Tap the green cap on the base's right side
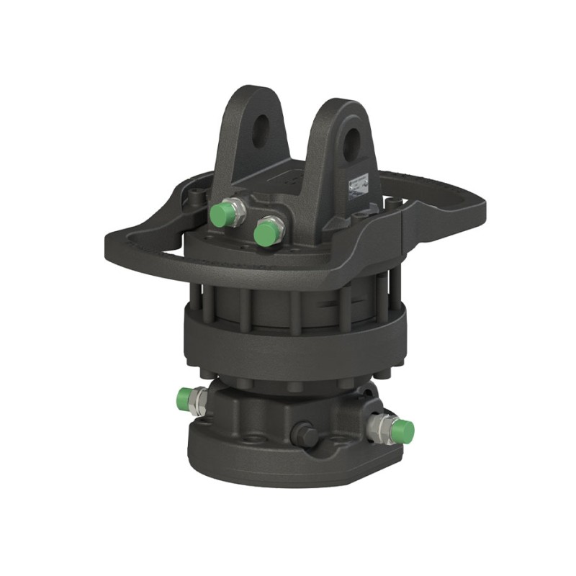point(402,431)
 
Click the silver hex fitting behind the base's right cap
point(377,426)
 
